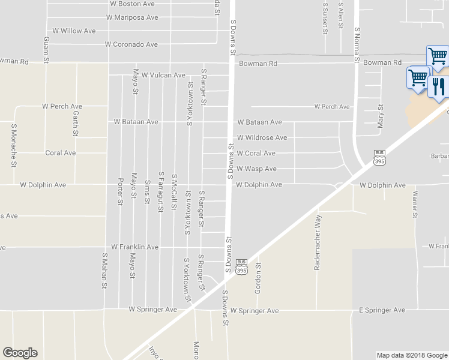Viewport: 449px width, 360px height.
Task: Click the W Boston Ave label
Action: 132,4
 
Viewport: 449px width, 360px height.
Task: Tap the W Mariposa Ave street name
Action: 132,17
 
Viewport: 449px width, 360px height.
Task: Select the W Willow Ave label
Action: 74,31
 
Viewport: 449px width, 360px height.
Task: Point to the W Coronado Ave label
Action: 131,44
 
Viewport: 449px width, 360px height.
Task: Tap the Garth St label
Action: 76,122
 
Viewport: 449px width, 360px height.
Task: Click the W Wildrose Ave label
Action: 262,137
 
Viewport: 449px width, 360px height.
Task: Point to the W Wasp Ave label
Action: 256,169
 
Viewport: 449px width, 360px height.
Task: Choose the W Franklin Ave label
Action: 134,247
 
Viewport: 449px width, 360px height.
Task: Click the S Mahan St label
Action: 104,271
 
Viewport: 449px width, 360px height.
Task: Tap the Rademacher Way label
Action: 318,242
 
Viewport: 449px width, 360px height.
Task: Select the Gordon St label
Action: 259,273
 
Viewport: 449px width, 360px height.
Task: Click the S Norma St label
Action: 357,46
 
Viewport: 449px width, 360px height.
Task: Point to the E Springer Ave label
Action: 382,310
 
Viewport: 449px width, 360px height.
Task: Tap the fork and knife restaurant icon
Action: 438,86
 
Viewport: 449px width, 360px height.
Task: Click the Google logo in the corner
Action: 20,353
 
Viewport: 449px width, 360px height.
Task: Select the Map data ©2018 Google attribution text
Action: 411,355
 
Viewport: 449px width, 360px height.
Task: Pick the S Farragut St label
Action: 161,192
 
